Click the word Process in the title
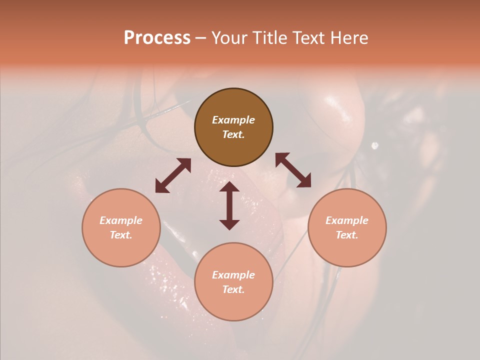(157, 38)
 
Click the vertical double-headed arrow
(229, 205)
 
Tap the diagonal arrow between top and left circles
(173, 175)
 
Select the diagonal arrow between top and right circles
(293, 170)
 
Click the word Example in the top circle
(233, 120)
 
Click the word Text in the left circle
(121, 235)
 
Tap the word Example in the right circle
(347, 220)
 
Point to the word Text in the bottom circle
(233, 289)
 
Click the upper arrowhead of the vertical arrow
(229, 187)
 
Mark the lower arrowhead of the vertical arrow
(229, 224)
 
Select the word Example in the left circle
(121, 220)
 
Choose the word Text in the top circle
(233, 134)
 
